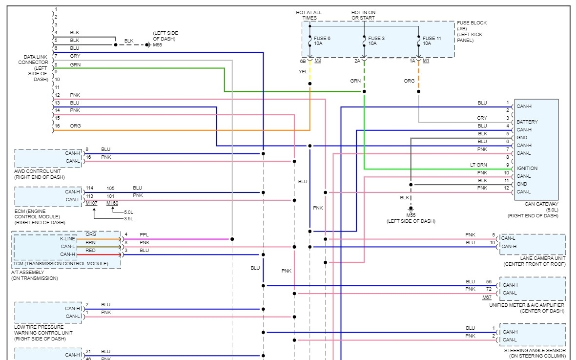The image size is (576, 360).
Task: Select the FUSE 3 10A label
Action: pyautogui.click(x=376, y=41)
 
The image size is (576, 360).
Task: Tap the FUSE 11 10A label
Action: pyautogui.click(x=432, y=41)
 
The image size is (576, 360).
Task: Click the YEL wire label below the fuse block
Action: pyautogui.click(x=303, y=72)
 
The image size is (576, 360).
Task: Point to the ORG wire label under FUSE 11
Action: pyautogui.click(x=410, y=81)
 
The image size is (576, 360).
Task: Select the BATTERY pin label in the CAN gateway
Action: pyautogui.click(x=527, y=122)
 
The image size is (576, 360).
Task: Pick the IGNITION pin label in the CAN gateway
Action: pyautogui.click(x=527, y=169)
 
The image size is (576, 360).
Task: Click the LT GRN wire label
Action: pyautogui.click(x=478, y=165)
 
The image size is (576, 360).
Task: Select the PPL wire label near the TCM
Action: pyautogui.click(x=144, y=234)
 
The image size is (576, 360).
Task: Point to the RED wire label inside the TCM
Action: pyautogui.click(x=91, y=250)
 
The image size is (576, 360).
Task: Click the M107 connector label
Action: pyautogui.click(x=91, y=203)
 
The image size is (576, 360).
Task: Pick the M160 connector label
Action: pyautogui.click(x=112, y=203)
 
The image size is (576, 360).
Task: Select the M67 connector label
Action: pyautogui.click(x=487, y=297)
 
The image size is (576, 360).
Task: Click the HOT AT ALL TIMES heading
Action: pyautogui.click(x=309, y=15)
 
